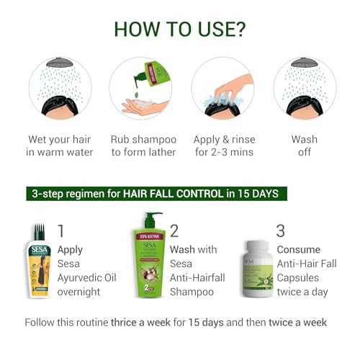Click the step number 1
click(x=60, y=231)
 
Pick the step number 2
click(x=175, y=231)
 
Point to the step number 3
click(x=281, y=231)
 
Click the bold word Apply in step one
click(x=70, y=250)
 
